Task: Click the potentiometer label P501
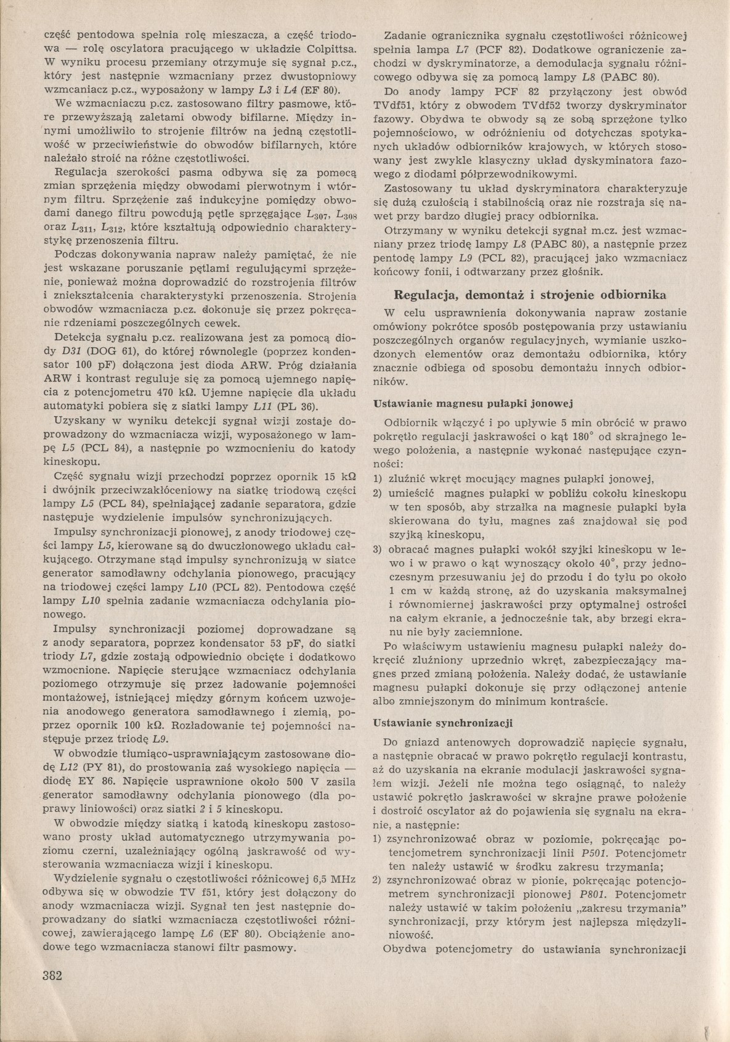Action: pyautogui.click(x=593, y=853)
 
